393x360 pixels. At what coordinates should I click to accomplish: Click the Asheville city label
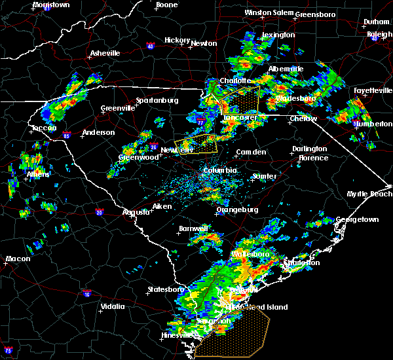(x=105, y=53)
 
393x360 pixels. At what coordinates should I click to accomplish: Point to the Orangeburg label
(x=237, y=209)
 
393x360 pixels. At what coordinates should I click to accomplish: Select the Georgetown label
(x=358, y=220)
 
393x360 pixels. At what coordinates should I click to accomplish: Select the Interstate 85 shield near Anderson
(x=67, y=136)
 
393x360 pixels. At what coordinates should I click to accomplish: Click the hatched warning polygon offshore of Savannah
(x=236, y=333)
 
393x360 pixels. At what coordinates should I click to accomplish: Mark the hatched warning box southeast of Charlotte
(x=241, y=101)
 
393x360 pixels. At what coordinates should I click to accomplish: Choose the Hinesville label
(x=178, y=336)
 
